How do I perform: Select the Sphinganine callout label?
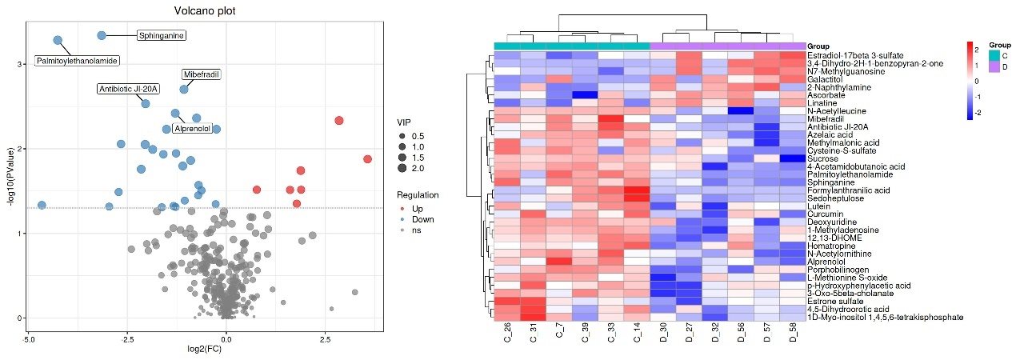coord(162,36)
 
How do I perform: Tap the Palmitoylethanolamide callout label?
coord(78,61)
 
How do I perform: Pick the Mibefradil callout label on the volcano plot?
coord(201,74)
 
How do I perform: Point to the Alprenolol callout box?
coord(192,128)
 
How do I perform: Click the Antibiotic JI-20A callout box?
coord(128,89)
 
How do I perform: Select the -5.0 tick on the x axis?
coord(28,340)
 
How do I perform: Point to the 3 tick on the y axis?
coord(19,64)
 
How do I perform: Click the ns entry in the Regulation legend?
coord(415,230)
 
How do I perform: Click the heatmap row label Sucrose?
coord(823,158)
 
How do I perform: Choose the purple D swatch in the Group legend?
coord(994,67)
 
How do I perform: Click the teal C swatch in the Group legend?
coord(994,55)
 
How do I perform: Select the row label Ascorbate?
coord(826,95)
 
